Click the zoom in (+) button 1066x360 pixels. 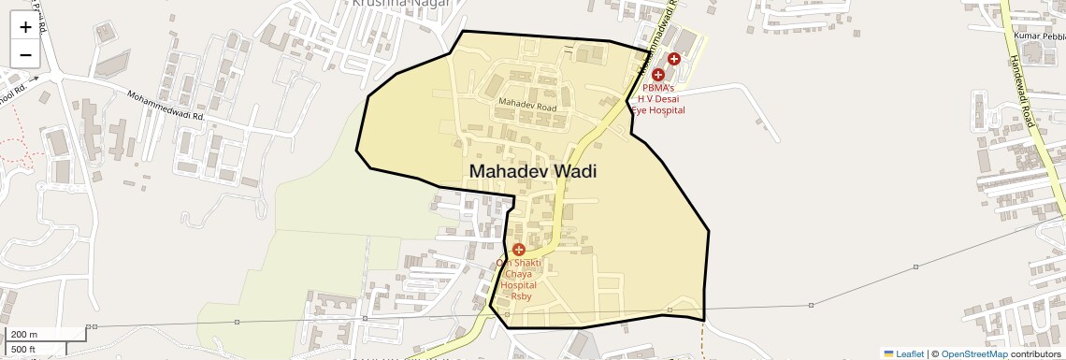click(x=25, y=27)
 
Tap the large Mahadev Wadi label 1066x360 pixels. click(x=532, y=172)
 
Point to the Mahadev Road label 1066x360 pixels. click(x=527, y=108)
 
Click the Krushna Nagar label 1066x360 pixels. click(x=401, y=4)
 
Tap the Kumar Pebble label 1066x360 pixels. click(x=1039, y=36)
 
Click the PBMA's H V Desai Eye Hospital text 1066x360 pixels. click(x=658, y=98)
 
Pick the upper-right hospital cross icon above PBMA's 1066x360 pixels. click(x=673, y=59)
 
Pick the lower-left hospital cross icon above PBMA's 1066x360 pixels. click(x=658, y=74)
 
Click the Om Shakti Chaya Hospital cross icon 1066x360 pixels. click(x=518, y=250)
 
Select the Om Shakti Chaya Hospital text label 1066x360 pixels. click(x=519, y=279)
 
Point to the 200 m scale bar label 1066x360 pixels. click(x=24, y=334)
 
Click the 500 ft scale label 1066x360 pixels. click(x=24, y=350)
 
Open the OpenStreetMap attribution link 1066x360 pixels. click(x=973, y=354)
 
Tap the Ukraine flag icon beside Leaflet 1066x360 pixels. click(x=889, y=354)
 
